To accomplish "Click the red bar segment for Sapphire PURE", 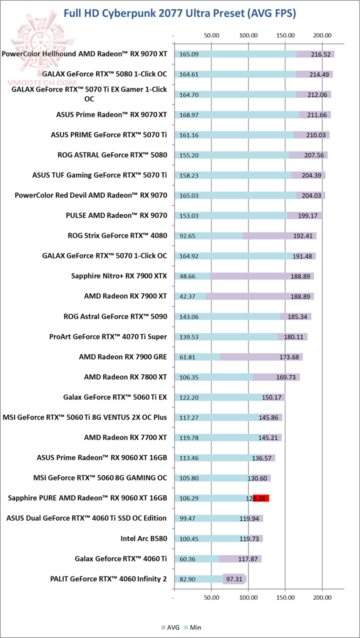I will click(261, 498).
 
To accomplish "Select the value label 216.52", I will click(320, 54).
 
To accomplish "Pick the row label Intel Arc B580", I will click(143, 538).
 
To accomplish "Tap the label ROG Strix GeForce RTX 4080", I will click(117, 235).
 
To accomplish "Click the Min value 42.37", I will click(187, 296).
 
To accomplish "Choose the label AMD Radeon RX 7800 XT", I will click(125, 377).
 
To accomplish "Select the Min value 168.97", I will click(189, 114).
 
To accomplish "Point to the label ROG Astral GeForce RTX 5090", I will click(115, 316).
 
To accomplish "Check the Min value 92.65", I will click(187, 235).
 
